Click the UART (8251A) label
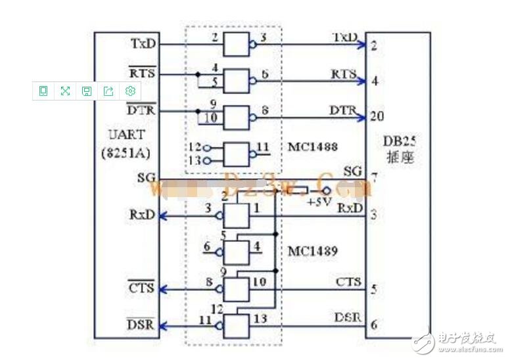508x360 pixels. tap(127, 144)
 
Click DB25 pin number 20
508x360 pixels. tap(377, 116)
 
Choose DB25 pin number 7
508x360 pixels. tap(373, 178)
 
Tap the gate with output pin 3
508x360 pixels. tap(236, 45)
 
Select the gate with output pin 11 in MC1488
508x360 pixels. tap(236, 154)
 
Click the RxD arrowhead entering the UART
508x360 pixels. tap(163, 215)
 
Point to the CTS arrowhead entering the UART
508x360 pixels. tap(163, 288)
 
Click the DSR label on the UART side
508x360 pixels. tap(140, 323)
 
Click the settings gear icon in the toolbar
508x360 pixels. tap(130, 91)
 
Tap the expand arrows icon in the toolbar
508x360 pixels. tap(65, 91)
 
